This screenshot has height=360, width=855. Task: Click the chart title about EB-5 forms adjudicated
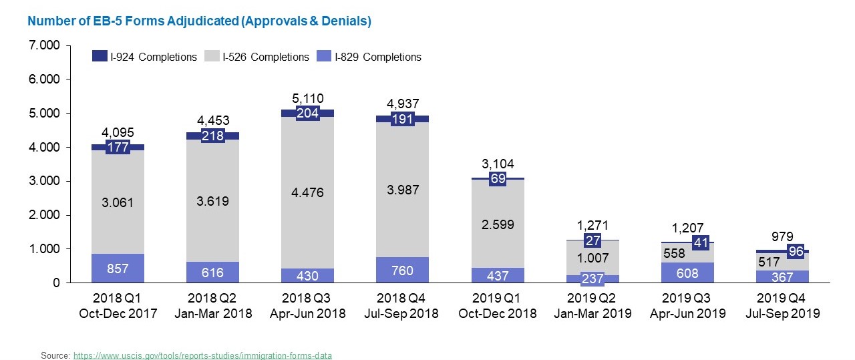tap(199, 21)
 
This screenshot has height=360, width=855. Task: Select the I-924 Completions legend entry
tap(145, 57)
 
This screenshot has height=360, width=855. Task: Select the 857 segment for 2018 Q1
tap(118, 268)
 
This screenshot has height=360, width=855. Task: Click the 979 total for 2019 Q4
tap(782, 236)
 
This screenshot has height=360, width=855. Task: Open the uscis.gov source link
tap(202, 355)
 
